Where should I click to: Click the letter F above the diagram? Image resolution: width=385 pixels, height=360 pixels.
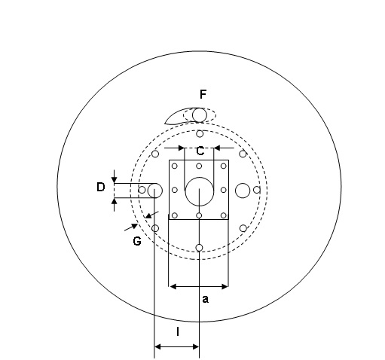tap(203, 94)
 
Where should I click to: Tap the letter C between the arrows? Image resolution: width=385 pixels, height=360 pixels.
tap(200, 151)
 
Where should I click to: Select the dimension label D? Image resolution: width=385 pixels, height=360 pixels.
tap(101, 187)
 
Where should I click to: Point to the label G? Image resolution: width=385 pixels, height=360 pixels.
tap(137, 241)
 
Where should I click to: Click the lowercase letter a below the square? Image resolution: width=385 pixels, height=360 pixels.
tap(205, 299)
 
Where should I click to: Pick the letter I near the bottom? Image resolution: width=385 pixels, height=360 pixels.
tap(178, 331)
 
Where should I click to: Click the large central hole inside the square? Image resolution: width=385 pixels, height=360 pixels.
tap(200, 191)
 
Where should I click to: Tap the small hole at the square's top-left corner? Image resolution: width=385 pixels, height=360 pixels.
tap(175, 166)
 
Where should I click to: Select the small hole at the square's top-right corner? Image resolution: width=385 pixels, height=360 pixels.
tap(223, 166)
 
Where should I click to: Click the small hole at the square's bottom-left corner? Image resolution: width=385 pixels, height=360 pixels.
tap(175, 215)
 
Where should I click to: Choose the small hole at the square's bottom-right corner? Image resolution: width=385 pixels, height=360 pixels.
tap(223, 215)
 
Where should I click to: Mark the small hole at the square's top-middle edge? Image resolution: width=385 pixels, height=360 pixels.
tap(199, 166)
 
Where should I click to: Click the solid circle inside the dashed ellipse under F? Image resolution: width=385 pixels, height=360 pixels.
tap(200, 115)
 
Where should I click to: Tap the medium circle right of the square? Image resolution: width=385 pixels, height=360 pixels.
tap(243, 191)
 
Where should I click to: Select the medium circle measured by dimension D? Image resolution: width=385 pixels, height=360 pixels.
tap(155, 191)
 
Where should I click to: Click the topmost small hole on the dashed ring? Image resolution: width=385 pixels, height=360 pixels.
tap(200, 134)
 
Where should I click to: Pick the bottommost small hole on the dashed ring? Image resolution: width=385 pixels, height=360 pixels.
tap(199, 248)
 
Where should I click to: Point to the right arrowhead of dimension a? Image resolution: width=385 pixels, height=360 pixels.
tap(225, 286)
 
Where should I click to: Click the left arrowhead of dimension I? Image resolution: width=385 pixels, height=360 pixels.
tap(157, 347)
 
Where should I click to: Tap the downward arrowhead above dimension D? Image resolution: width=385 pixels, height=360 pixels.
tap(115, 179)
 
